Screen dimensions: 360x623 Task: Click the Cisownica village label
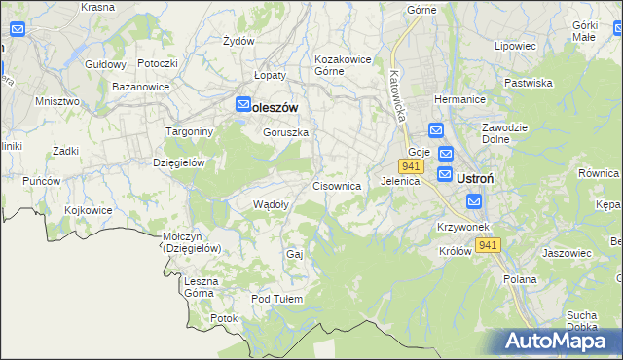(337, 185)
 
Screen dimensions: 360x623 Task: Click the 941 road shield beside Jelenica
(410, 166)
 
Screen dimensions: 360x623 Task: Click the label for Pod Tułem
(277, 299)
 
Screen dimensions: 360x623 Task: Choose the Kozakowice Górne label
(343, 65)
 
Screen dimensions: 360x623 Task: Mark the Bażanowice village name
(141, 87)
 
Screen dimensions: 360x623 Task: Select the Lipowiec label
(516, 46)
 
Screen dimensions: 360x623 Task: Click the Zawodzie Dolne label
(504, 134)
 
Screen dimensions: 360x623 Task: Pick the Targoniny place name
(179, 131)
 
